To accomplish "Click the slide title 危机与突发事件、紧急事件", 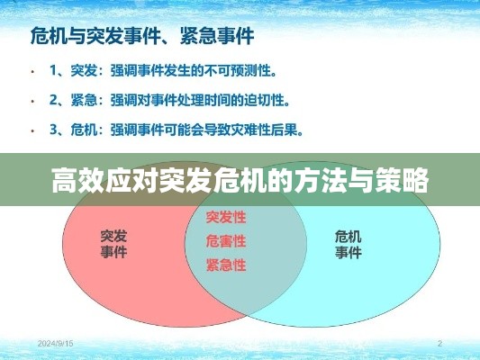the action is point(142,36).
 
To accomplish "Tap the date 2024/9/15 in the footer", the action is point(56,344).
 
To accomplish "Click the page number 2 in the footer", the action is point(439,344).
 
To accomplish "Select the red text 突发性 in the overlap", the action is point(226,217).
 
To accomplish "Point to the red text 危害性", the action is point(226,241).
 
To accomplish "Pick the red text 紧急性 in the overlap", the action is point(226,265).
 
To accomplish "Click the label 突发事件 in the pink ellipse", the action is point(113,244).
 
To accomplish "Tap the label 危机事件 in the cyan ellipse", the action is point(349,245).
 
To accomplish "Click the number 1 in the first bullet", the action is point(53,71).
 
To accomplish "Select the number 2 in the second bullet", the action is point(53,100).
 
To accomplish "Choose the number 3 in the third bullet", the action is point(53,130).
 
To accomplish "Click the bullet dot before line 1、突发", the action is point(32,72).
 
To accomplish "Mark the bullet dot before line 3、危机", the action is point(32,130).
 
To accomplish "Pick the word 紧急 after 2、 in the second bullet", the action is point(84,100).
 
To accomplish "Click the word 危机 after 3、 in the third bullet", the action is point(84,130).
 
